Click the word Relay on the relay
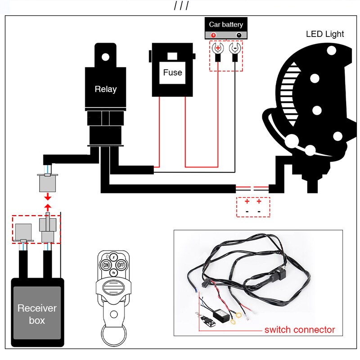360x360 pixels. pos(105,89)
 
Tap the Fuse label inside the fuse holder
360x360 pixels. pos(172,72)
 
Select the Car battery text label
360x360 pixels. pos(226,24)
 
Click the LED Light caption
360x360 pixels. pos(325,34)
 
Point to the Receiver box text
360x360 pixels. pos(37,314)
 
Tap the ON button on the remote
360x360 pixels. pos(106,265)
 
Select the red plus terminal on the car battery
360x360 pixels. pos(214,35)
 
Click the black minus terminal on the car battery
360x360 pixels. pos(239,35)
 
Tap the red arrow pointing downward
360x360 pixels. pos(47,198)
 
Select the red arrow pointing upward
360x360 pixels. pos(47,207)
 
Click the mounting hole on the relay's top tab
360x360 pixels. pos(105,57)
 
